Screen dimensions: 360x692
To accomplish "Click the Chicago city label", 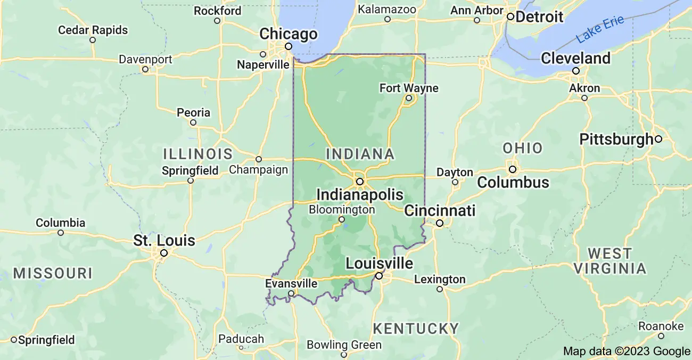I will coord(288,34).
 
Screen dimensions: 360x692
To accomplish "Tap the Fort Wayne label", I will coord(409,88).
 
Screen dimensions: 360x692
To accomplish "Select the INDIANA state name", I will coord(360,154).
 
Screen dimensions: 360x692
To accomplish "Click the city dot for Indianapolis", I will coord(360,182).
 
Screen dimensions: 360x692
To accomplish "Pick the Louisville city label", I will coord(379,263).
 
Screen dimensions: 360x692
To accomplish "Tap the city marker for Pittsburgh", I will coord(658,139).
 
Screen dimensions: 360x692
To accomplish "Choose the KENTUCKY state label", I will coord(416,328).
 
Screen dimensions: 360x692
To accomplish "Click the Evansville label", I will coord(291,283).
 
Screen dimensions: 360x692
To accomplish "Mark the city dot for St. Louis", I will coord(164,253).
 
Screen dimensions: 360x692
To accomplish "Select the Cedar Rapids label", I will coord(93,30).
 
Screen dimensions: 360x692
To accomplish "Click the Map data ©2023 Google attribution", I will coord(627,351).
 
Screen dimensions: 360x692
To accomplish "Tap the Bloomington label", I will coord(342,209).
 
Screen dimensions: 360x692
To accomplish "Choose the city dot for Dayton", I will coord(455,182).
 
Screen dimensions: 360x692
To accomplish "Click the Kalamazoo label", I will coord(387,9).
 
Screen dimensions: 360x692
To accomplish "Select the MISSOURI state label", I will coord(53,274).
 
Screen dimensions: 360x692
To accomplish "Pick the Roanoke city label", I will coord(661,326).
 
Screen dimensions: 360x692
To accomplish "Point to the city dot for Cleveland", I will coord(575,70).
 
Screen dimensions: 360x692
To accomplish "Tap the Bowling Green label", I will coord(344,345).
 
